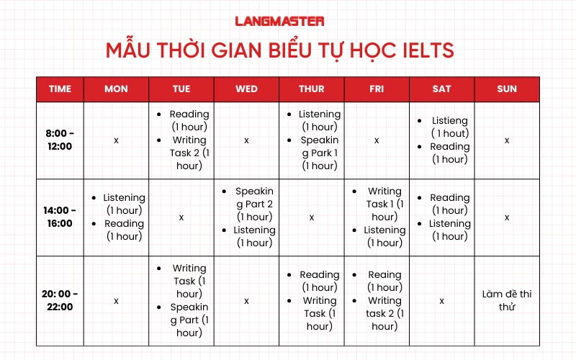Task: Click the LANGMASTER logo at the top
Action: [x=279, y=22]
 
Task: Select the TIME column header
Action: [x=60, y=89]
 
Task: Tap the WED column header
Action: [x=246, y=89]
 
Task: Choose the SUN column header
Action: [x=507, y=89]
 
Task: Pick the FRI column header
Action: [x=377, y=89]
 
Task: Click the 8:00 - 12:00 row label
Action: [x=60, y=140]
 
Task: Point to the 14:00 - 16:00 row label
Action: [x=60, y=217]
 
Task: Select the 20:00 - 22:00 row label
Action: [x=60, y=300]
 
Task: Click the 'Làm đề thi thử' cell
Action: [x=507, y=300]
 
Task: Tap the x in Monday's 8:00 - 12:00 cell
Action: [x=116, y=140]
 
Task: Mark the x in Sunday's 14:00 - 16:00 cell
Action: [x=507, y=217]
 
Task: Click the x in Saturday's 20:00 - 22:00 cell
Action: [x=442, y=300]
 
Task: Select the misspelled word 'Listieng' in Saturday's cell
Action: [x=450, y=121]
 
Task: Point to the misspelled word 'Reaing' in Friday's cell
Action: [x=384, y=274]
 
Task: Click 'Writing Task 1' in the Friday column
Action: [x=384, y=204]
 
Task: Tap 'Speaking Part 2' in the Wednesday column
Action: [x=254, y=204]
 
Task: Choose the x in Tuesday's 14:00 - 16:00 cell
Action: [x=181, y=217]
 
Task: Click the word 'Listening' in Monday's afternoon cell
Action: [x=124, y=197]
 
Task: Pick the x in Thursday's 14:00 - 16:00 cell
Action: [x=311, y=217]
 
